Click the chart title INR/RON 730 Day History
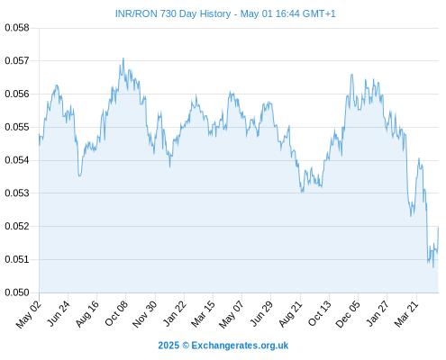click(x=173, y=13)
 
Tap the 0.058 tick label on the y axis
click(x=17, y=28)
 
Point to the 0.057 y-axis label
click(x=17, y=61)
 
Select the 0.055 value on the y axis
click(x=17, y=127)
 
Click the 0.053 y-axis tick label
click(x=17, y=193)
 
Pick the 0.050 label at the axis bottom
click(x=17, y=292)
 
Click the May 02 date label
click(x=29, y=314)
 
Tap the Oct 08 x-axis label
click(x=116, y=313)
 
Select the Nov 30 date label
click(x=145, y=314)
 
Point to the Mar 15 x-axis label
click(x=203, y=313)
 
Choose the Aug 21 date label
click(x=290, y=313)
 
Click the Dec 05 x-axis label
click(x=348, y=314)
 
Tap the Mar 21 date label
click(x=406, y=313)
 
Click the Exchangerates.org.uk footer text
click(x=240, y=346)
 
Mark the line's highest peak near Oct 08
click(x=123, y=58)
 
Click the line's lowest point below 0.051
click(x=433, y=267)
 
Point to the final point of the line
click(x=438, y=228)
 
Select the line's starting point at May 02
click(x=39, y=134)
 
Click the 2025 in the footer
click(x=168, y=346)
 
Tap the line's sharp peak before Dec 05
click(x=352, y=74)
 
